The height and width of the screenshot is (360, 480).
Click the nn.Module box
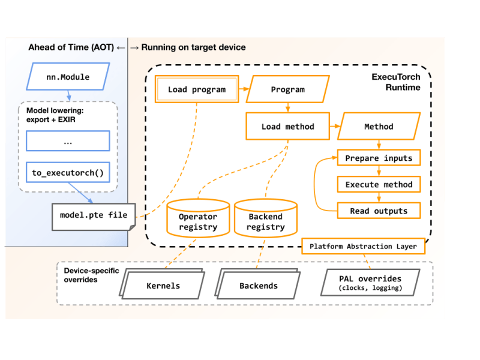pyautogui.click(x=68, y=77)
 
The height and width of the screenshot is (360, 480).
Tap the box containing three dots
pyautogui.click(x=68, y=141)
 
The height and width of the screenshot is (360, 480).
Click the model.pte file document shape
pyautogui.click(x=94, y=215)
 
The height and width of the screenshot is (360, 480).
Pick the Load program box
pyautogui.click(x=197, y=89)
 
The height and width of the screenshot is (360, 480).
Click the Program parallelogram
pyautogui.click(x=288, y=89)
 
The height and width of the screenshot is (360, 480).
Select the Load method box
pyautogui.click(x=287, y=127)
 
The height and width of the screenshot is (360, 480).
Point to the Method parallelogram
pyautogui.click(x=379, y=127)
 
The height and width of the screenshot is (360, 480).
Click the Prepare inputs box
pyautogui.click(x=379, y=158)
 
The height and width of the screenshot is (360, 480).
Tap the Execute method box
pyautogui.click(x=379, y=184)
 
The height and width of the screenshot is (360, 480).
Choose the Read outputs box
pyautogui.click(x=379, y=211)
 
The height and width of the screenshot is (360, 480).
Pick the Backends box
pyautogui.click(x=259, y=286)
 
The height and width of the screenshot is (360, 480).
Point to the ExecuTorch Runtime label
pyautogui.click(x=396, y=82)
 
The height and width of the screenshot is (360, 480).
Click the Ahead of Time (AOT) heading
pyautogui.click(x=71, y=47)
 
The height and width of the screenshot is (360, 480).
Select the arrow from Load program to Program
pyautogui.click(x=244, y=89)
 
